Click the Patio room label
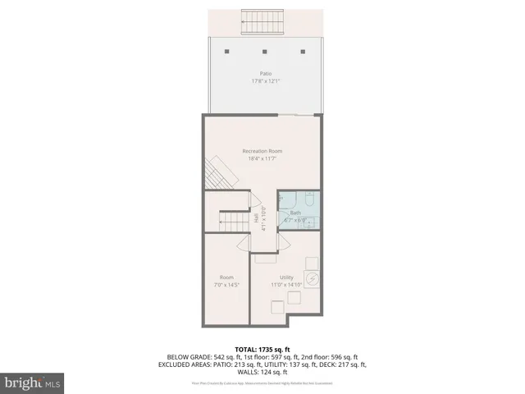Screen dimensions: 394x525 262,74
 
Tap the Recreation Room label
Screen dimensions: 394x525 262,151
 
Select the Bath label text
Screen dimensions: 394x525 295,213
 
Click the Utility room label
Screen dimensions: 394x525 286,277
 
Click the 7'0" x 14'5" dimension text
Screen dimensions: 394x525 227,284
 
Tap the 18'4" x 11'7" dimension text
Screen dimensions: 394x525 262,158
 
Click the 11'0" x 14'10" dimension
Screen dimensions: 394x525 286,284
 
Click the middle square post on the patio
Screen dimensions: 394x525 266,51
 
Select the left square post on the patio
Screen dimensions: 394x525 227,51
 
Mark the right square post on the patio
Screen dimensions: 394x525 304,51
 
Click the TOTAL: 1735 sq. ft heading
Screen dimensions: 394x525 262,349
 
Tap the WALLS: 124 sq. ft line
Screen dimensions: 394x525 262,372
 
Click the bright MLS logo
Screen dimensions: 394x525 33,383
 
